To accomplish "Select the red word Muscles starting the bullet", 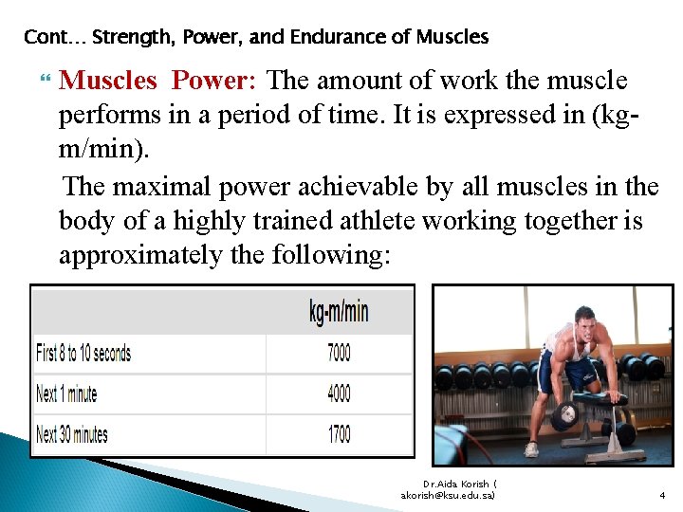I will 107,82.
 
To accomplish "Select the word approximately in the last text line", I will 141,256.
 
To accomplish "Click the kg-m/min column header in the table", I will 339,311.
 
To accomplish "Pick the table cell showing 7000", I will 339,353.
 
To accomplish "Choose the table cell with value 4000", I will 339,393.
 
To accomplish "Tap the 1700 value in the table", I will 339,434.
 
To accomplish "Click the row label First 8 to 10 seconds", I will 83,354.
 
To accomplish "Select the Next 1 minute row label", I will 66,393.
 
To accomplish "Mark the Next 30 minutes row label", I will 72,435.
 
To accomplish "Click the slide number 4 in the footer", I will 662,494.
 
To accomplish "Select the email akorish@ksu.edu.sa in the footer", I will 449,494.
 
